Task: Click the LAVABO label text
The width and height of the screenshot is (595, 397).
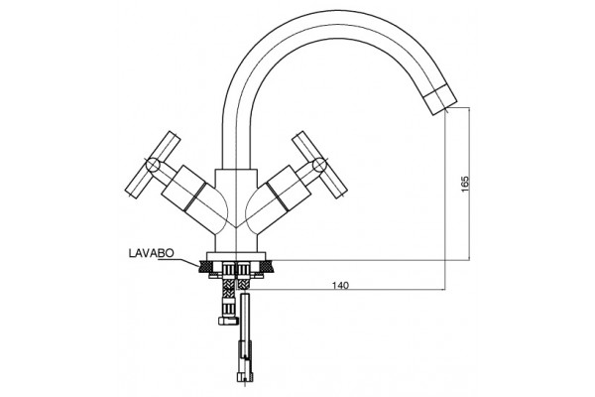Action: click(152, 253)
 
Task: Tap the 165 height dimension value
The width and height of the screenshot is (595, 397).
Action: click(465, 184)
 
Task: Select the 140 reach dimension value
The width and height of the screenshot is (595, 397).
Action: click(340, 285)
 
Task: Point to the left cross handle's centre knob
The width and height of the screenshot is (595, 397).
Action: click(153, 166)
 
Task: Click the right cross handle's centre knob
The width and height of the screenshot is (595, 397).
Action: click(319, 165)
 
